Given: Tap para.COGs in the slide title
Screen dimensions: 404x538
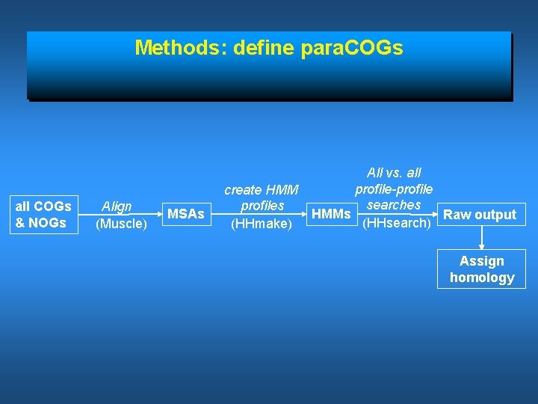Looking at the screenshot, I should (x=351, y=48).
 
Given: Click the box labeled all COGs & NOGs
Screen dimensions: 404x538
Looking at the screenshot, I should (x=43, y=214).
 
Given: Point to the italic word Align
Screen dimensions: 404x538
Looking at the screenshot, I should (x=117, y=206).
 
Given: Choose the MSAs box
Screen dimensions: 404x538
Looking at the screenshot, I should (x=185, y=214).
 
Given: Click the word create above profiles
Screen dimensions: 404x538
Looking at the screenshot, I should (x=244, y=190).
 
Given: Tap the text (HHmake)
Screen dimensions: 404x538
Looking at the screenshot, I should (x=261, y=223).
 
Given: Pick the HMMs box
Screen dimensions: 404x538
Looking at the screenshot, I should (x=331, y=215).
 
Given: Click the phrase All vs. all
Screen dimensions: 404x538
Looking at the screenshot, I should (x=394, y=173).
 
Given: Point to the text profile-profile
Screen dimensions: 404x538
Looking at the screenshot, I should (x=394, y=189).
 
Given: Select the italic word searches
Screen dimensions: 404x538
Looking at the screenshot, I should (x=394, y=205).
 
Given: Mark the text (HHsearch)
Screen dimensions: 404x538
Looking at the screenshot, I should (x=395, y=223).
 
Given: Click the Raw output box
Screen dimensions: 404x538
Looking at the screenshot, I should (x=480, y=215).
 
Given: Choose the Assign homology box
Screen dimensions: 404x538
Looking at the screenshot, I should (x=482, y=269).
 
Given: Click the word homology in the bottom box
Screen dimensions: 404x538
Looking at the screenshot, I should (x=482, y=278).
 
